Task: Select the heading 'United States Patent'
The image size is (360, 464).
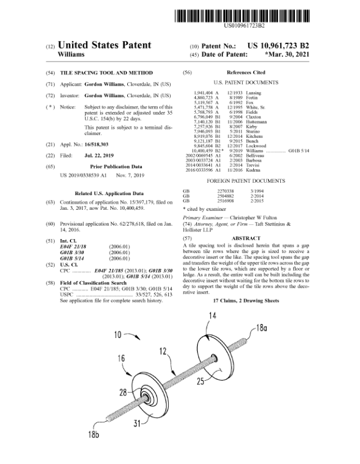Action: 106,45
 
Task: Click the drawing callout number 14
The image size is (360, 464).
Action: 212,317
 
